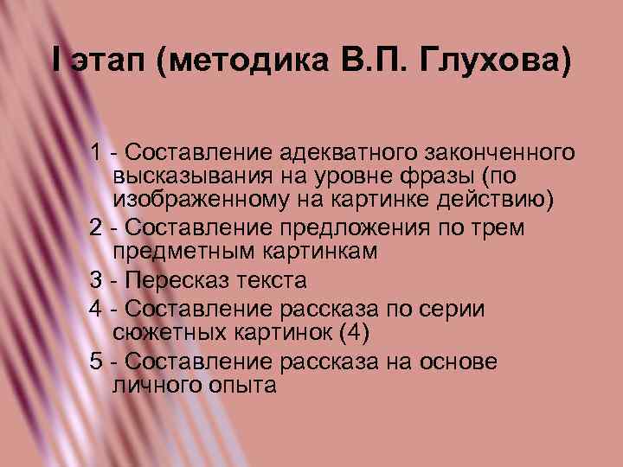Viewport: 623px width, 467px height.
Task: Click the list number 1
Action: pyautogui.click(x=96, y=153)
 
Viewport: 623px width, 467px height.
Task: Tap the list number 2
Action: pyautogui.click(x=96, y=227)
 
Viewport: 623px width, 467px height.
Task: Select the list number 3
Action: pyautogui.click(x=96, y=281)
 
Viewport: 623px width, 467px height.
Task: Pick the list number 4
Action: pyautogui.click(x=96, y=308)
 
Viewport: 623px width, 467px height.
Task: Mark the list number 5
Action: pyautogui.click(x=96, y=361)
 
